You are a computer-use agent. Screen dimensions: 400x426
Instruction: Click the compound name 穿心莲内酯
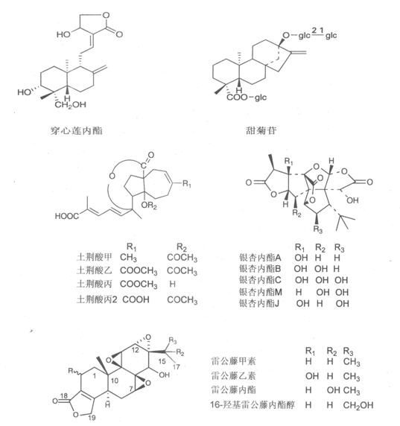(77, 131)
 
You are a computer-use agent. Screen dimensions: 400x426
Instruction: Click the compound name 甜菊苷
(261, 130)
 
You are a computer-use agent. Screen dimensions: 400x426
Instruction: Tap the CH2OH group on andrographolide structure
(70, 105)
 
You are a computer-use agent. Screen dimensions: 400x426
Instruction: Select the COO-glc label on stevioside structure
(247, 98)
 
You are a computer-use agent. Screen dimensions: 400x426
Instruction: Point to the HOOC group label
(67, 216)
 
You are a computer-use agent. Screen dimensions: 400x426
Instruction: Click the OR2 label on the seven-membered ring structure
(149, 206)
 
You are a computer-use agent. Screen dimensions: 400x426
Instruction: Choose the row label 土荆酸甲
(95, 257)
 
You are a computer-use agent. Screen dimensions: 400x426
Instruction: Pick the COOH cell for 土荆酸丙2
(136, 299)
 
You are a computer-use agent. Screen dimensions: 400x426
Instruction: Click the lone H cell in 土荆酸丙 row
(172, 284)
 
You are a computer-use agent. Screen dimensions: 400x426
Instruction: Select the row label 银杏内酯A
(260, 257)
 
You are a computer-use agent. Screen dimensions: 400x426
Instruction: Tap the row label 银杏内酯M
(261, 292)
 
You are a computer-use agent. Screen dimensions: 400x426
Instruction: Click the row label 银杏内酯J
(259, 303)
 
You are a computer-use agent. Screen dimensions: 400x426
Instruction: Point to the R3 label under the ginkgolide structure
(317, 229)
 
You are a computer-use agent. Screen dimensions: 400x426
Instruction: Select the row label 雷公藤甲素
(233, 361)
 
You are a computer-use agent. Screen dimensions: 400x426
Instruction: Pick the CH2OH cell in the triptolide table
(358, 405)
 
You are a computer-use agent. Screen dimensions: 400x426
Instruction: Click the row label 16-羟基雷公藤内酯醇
(253, 405)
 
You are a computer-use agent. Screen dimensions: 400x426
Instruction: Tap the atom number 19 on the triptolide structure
(92, 417)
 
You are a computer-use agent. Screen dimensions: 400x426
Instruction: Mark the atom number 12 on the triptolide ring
(136, 350)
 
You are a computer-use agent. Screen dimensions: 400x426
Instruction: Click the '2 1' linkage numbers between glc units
(317, 31)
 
